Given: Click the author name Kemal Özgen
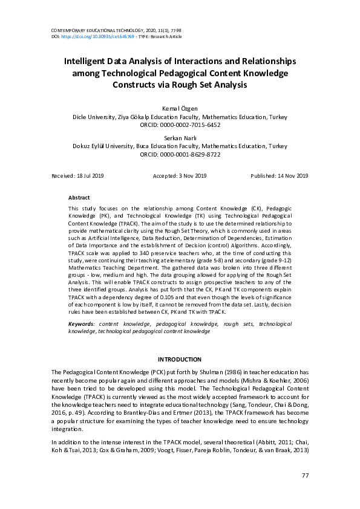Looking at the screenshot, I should tap(180, 109).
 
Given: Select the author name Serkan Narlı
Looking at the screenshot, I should tap(180, 138).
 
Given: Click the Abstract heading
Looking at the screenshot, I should tap(79, 198).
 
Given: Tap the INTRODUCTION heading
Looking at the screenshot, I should tap(180, 360).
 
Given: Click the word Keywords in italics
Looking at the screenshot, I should tap(81, 325).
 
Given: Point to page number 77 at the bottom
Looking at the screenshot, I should tap(305, 476).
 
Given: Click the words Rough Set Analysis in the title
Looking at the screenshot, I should tap(206, 85).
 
